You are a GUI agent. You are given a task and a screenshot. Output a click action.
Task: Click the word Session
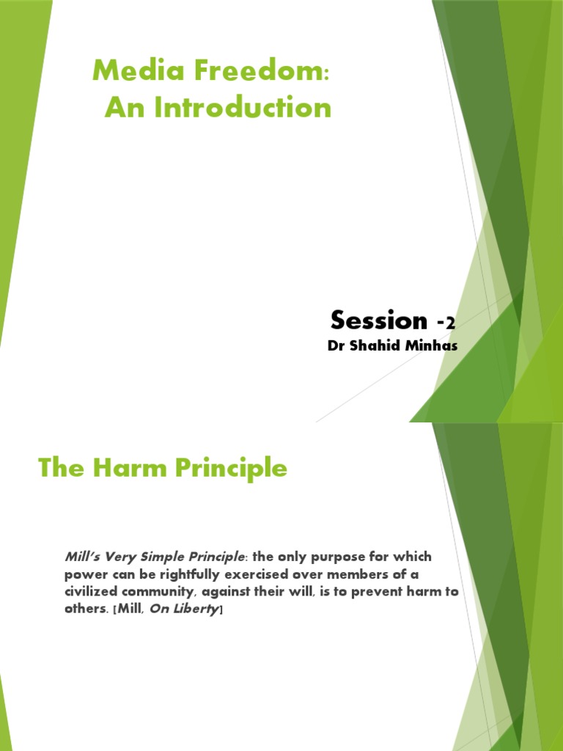click(x=378, y=320)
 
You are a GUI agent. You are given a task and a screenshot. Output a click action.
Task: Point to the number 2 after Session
click(x=452, y=323)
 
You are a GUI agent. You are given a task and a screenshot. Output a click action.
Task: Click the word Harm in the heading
click(x=120, y=468)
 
